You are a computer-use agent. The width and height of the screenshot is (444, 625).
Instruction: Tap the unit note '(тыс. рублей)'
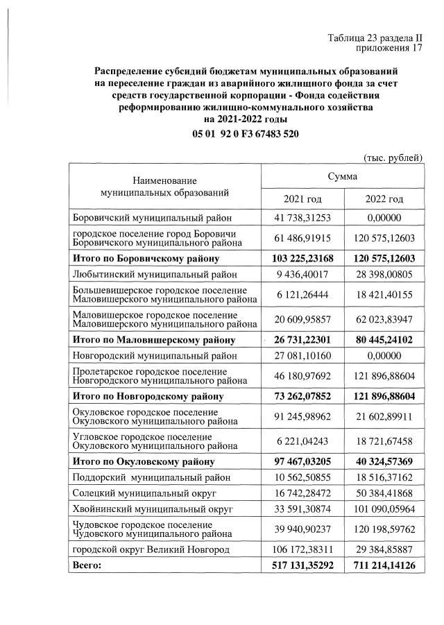point(393,157)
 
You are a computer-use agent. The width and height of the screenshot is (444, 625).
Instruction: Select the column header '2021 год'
point(302,200)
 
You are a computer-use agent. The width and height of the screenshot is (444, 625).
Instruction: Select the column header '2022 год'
point(384,200)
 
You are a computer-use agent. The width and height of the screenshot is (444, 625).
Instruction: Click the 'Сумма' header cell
point(343,177)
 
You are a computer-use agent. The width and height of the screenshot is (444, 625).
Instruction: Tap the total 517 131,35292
point(302,566)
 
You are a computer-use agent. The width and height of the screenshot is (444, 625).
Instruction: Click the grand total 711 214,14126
point(384,566)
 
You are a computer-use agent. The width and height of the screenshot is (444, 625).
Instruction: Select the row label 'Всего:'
point(87,566)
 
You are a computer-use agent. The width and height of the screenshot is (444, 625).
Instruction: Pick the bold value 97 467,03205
point(302,461)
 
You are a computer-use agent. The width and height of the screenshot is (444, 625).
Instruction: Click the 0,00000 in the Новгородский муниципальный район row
point(384,356)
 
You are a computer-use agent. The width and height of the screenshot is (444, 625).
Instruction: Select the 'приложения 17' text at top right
point(388,49)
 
